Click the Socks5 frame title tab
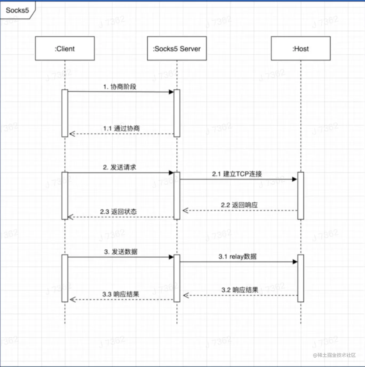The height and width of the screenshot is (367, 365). coord(17,10)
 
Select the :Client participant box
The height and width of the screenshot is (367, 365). coord(65,49)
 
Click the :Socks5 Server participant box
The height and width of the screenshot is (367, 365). coord(177,49)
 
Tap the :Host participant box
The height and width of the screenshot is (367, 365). coord(301,49)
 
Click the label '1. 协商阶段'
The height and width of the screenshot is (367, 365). coord(120,87)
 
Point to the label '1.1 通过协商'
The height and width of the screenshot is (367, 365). coord(121,128)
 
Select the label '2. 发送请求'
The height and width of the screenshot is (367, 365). coord(120,167)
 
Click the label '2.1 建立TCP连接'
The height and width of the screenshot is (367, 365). coord(237,174)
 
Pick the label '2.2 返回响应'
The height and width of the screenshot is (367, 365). coord(239,205)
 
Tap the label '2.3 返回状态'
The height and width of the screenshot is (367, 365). coord(118,212)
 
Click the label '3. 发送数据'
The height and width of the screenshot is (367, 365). coord(121,252)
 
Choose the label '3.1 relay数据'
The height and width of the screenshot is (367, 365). coord(237,257)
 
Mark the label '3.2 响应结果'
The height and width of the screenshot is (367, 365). coord(240,290)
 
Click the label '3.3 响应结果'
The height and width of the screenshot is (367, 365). coord(121,294)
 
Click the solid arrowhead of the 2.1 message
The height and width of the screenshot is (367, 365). coord(294,179)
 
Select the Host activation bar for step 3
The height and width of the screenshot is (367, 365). coord(301,278)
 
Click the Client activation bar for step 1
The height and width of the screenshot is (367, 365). coord(65,113)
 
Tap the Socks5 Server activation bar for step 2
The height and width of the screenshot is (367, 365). coord(177,196)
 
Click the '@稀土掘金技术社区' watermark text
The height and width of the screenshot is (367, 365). coord(334,355)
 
